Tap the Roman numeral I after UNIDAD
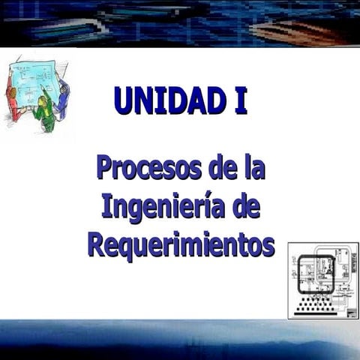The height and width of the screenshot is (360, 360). [x=240, y=101]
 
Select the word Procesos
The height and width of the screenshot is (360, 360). [x=148, y=166]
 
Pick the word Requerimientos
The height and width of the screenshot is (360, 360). [x=180, y=244]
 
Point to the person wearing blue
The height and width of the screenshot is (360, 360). [x=63, y=97]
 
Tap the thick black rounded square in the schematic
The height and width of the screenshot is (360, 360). [x=316, y=274]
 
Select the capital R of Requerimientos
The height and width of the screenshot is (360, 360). [x=98, y=244]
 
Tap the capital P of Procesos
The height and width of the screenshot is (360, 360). [x=106, y=166]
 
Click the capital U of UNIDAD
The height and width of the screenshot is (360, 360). [x=124, y=101]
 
